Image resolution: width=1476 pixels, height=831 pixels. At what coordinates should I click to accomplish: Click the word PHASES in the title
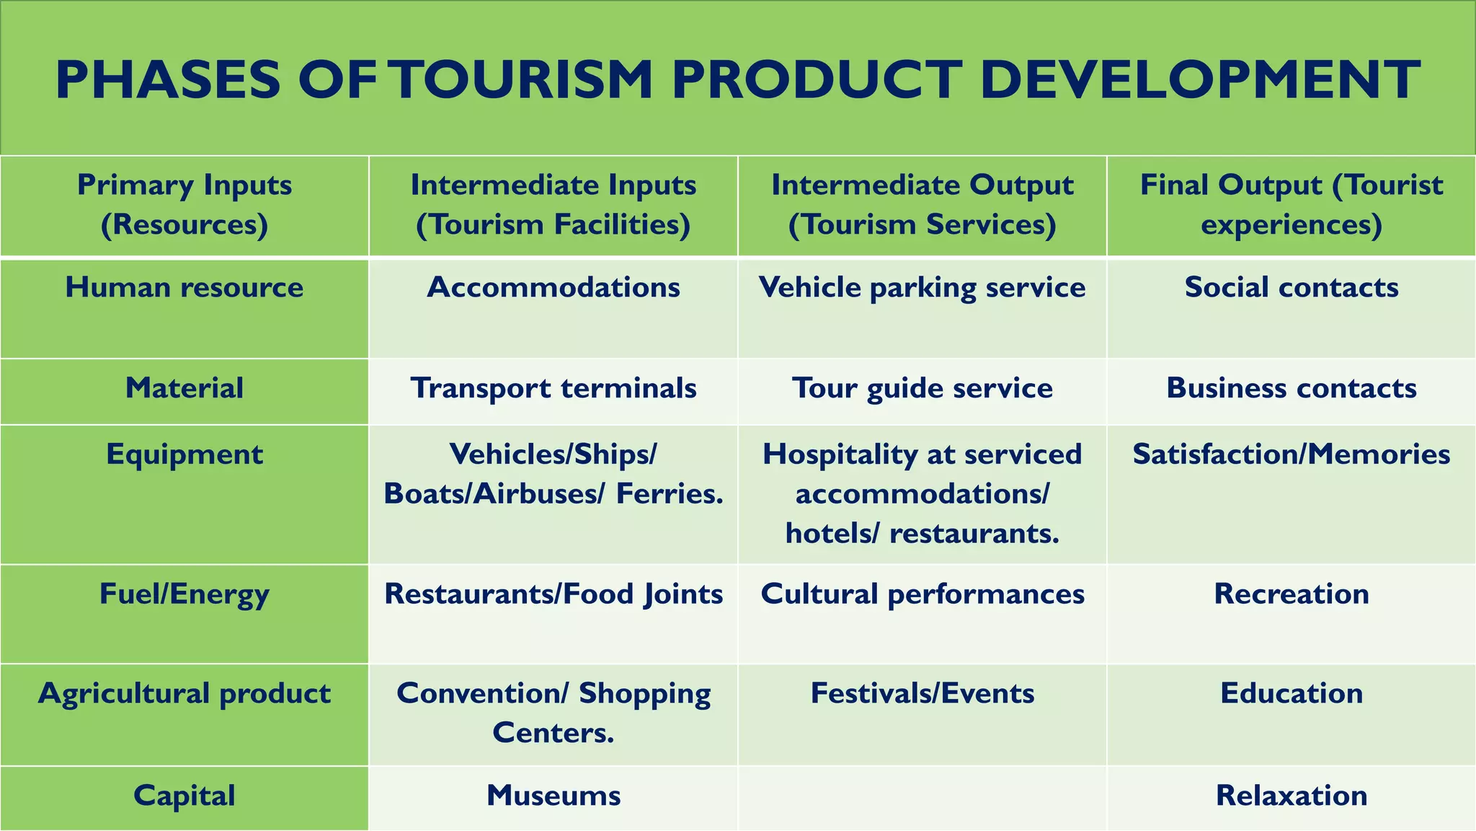167,79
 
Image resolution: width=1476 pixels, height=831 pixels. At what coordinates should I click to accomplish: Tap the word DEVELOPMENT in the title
1200,79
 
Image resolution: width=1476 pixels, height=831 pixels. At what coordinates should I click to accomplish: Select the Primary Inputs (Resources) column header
184,205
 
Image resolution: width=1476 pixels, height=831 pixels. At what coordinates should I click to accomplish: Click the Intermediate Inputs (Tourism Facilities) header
553,205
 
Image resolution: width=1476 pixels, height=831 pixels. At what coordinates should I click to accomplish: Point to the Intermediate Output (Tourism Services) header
922,205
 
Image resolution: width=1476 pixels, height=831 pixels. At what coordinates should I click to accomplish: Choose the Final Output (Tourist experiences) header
1291,205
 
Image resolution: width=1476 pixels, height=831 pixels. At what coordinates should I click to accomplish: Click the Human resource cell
184,288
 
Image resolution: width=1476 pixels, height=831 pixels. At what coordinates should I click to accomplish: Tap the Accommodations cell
553,288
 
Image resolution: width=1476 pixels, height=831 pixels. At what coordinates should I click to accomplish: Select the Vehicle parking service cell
922,288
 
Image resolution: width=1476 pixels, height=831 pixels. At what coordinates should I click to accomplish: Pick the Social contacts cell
1291,288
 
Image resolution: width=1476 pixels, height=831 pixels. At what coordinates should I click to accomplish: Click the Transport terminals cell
553,388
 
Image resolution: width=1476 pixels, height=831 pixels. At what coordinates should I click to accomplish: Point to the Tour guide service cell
922,388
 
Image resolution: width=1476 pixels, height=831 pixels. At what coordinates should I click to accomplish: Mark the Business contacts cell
1291,388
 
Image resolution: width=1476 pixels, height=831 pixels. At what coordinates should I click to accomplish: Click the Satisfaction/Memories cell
1291,454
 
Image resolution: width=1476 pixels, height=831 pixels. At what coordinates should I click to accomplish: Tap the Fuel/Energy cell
184,594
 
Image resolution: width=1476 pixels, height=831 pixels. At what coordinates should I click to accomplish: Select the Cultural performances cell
922,594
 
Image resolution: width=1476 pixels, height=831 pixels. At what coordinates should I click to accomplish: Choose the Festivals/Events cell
922,694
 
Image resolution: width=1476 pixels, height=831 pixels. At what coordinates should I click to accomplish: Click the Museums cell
553,796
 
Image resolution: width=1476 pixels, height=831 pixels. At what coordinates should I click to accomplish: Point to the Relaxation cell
1291,796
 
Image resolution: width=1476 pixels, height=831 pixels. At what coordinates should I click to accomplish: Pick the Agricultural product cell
184,694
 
